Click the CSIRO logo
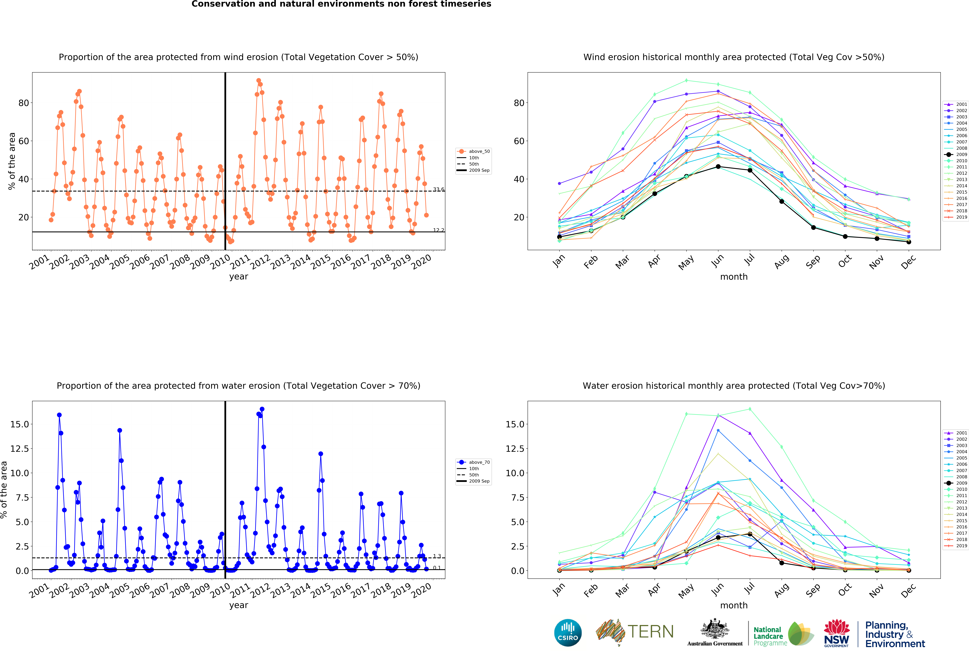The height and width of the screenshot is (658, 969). pyautogui.click(x=568, y=633)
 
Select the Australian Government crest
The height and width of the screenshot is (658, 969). pyautogui.click(x=715, y=629)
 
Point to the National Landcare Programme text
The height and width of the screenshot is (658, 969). pyautogui.click(x=770, y=636)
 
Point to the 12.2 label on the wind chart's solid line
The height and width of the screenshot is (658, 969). pyautogui.click(x=439, y=230)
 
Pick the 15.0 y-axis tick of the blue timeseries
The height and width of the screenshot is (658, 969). pyautogui.click(x=20, y=424)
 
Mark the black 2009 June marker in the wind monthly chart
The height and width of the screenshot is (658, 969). pyautogui.click(x=718, y=167)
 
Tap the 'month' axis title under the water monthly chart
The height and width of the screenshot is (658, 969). pyautogui.click(x=734, y=605)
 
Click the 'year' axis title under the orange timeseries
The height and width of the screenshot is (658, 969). pyautogui.click(x=239, y=277)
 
